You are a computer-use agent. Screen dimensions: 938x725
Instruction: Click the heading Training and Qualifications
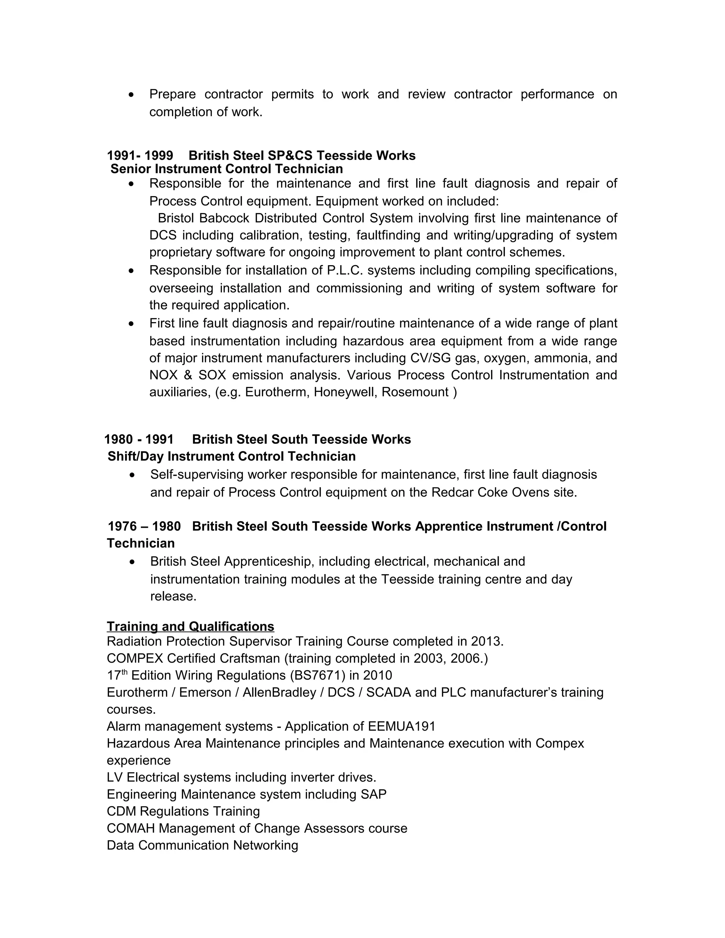(190, 627)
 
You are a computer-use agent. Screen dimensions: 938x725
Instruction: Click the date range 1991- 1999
(140, 155)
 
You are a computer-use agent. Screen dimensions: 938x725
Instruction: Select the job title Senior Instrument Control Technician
(226, 169)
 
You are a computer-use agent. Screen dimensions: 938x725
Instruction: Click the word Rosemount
(415, 392)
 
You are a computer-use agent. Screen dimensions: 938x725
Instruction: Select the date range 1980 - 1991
(139, 439)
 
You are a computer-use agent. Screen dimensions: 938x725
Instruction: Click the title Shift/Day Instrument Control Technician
(232, 456)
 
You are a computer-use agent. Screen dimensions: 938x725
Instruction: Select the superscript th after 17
(125, 672)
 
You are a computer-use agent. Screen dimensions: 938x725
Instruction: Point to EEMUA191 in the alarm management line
(401, 726)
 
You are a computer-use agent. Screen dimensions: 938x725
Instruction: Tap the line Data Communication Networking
(202, 845)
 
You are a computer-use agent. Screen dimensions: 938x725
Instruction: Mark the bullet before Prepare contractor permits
(131, 95)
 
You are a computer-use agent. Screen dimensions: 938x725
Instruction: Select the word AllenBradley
(279, 692)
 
